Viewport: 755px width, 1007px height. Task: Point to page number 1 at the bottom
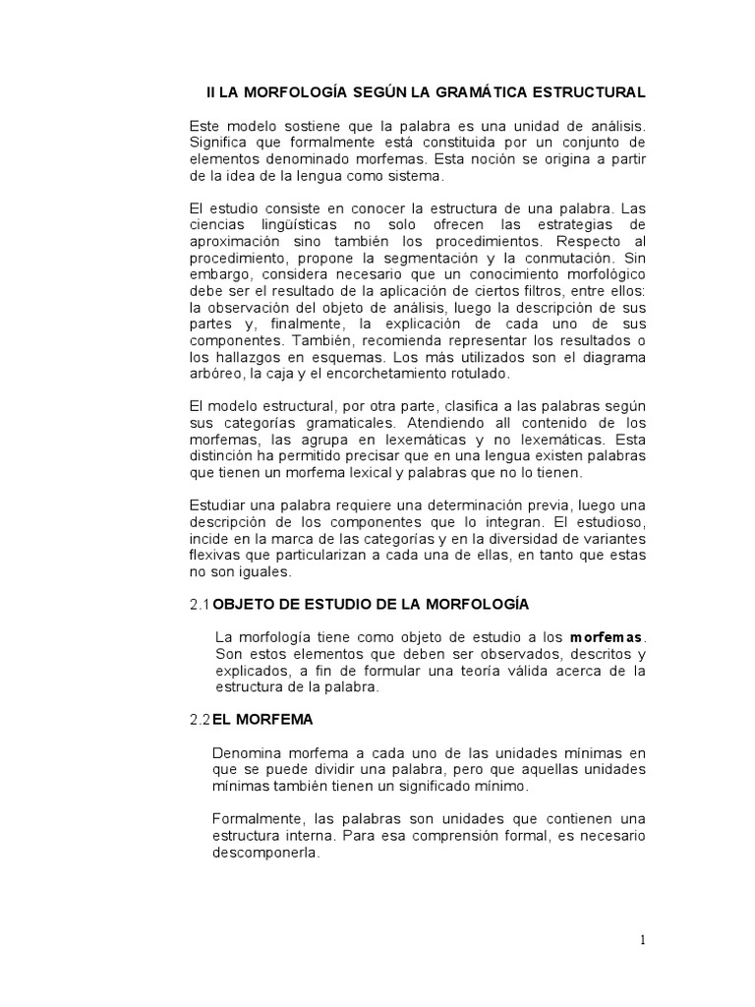643,940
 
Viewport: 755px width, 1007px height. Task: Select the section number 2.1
200,603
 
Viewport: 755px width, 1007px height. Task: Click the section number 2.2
200,720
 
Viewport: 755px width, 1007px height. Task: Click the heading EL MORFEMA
262,720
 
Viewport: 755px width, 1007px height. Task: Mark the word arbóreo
212,375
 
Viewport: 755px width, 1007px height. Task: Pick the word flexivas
213,556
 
